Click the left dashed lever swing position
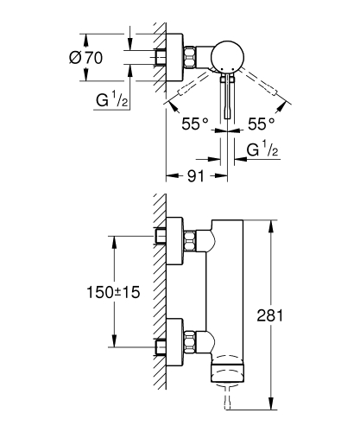pos(192,89)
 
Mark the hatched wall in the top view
pos(158,60)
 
